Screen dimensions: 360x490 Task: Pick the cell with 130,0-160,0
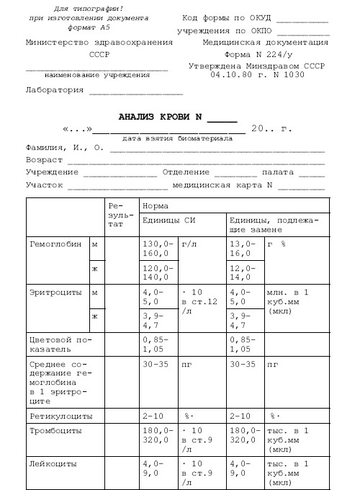(x=157, y=249)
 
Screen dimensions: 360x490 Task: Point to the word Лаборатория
(x=54, y=90)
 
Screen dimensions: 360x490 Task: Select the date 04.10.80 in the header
(x=233, y=74)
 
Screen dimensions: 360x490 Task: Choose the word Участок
(x=44, y=184)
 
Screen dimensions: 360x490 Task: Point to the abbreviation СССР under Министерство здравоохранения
(x=99, y=54)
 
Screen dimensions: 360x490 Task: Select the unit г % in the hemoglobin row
(x=276, y=244)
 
